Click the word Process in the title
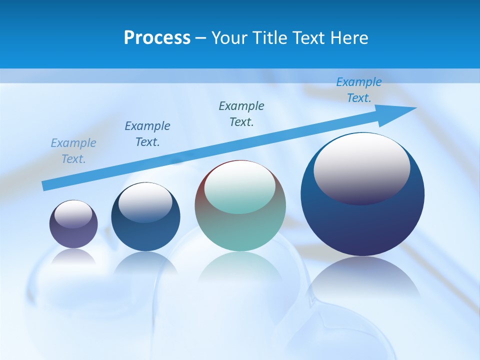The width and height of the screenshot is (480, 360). point(157,38)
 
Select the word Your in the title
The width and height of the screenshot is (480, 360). point(228,38)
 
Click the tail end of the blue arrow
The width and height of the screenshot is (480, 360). point(45,185)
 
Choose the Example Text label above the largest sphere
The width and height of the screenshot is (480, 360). point(358,90)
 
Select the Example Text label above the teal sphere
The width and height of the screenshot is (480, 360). point(241,114)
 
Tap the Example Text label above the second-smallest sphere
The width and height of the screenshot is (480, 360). point(147,134)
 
